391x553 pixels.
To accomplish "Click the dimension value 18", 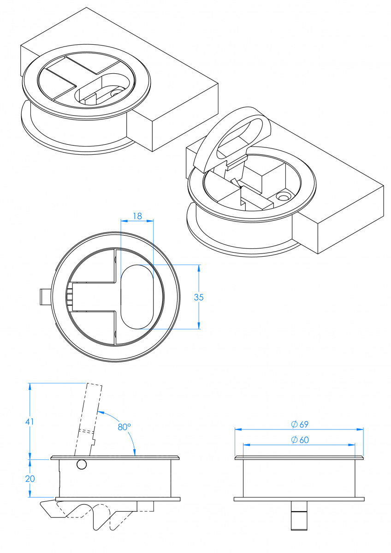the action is click(x=137, y=216).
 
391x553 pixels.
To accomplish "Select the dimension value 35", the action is click(x=199, y=297).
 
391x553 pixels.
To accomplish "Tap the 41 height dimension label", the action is click(x=30, y=422).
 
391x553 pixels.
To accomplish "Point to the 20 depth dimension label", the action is click(x=30, y=479).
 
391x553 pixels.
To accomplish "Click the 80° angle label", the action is click(x=124, y=427).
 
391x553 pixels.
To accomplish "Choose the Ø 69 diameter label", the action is click(x=300, y=424).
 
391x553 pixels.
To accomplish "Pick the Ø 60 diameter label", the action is click(x=300, y=440).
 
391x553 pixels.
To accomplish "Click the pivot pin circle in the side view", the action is click(x=82, y=465).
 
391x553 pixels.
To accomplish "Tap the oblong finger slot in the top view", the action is click(x=137, y=297).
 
